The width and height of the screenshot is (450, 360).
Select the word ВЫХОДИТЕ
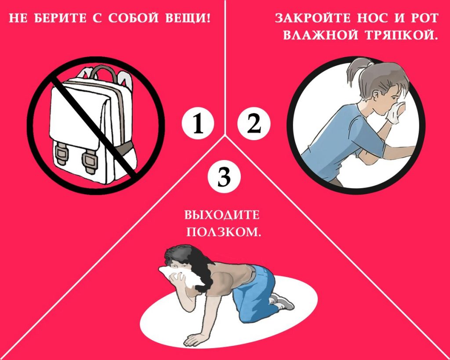[x=221, y=215]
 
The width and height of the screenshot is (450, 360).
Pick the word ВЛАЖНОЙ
[x=320, y=35]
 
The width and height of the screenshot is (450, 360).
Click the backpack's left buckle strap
[x=61, y=155]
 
